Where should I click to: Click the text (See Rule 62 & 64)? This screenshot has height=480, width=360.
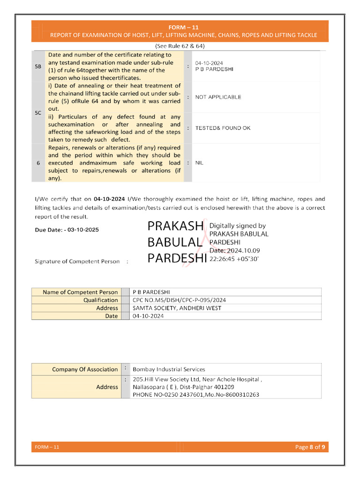tap(180, 46)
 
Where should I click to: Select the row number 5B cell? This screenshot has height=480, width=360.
tap(38, 67)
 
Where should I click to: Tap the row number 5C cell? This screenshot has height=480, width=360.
tap(38, 112)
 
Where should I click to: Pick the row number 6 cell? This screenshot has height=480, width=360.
tap(38, 163)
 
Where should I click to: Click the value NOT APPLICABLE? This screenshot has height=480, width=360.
tap(218, 97)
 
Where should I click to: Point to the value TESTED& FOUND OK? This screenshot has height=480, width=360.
tap(223, 128)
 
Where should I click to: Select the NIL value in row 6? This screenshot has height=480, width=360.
tap(199, 163)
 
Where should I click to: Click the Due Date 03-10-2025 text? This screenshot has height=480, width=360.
tap(67, 230)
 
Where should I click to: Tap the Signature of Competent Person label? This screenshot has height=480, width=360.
tap(77, 261)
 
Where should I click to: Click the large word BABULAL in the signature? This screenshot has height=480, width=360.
tap(175, 242)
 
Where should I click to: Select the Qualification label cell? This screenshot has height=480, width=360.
tap(101, 300)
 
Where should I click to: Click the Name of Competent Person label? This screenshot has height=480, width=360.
tap(80, 292)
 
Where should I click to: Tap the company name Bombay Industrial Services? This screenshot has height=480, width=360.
tap(169, 369)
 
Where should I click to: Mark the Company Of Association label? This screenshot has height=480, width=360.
tap(85, 369)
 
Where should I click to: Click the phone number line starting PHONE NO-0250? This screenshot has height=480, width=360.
tap(195, 395)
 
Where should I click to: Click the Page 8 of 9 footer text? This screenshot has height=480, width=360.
tap(310, 447)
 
